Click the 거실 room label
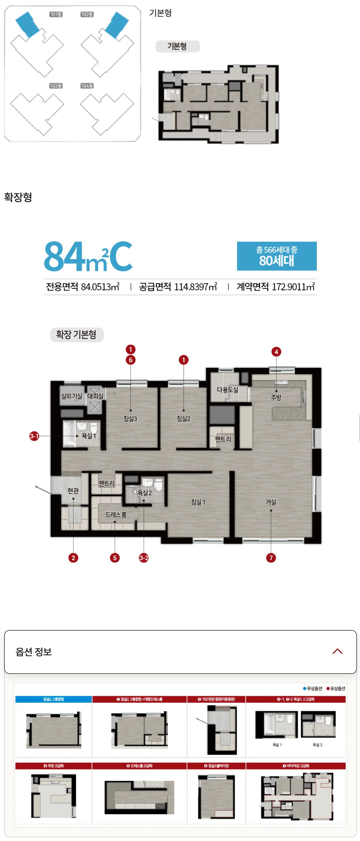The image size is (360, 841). pyautogui.click(x=271, y=502)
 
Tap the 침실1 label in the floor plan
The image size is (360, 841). pyautogui.click(x=198, y=502)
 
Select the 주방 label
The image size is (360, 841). pyautogui.click(x=276, y=397)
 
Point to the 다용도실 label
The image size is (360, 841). pyautogui.click(x=227, y=390)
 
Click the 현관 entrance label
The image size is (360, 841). pyautogui.click(x=73, y=490)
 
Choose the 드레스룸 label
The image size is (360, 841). pyautogui.click(x=116, y=514)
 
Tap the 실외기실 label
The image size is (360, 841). pyautogui.click(x=72, y=396)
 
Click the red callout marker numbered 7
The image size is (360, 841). pyautogui.click(x=271, y=558)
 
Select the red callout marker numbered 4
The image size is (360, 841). pyautogui.click(x=276, y=352)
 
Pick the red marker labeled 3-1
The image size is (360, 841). pyautogui.click(x=34, y=436)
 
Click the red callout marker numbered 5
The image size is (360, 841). pyautogui.click(x=115, y=558)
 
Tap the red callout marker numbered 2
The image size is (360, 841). pyautogui.click(x=73, y=558)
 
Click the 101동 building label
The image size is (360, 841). pyautogui.click(x=56, y=14)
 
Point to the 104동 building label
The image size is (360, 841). pyautogui.click(x=87, y=86)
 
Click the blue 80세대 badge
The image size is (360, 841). pyautogui.click(x=276, y=256)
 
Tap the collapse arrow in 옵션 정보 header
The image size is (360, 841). pyautogui.click(x=337, y=651)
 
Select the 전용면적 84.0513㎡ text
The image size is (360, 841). pyautogui.click(x=82, y=287)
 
